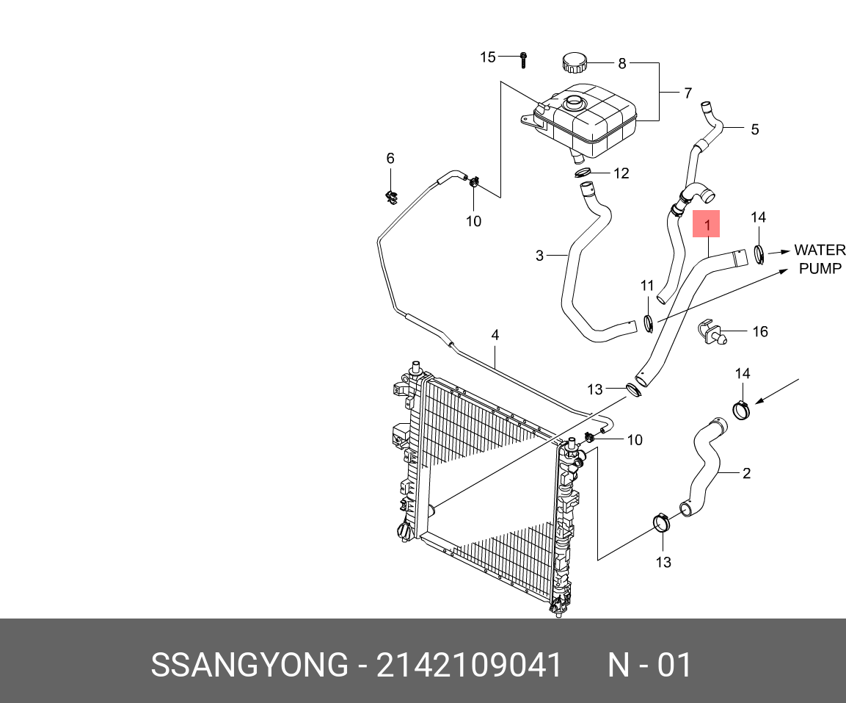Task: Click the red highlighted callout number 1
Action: [x=707, y=224]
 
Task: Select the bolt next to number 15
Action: [x=522, y=59]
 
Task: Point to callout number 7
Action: [x=688, y=93]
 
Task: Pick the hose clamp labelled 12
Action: [x=583, y=173]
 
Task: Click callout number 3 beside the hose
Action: [x=539, y=256]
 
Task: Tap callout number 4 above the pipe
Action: [x=495, y=335]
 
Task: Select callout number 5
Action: [x=754, y=130]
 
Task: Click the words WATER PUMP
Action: [x=820, y=259]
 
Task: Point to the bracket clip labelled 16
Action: [x=709, y=331]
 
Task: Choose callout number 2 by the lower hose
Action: [x=746, y=473]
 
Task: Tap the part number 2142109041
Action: [x=469, y=666]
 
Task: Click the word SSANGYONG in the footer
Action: [x=249, y=666]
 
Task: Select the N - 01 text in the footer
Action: [x=649, y=666]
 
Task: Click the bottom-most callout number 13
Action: [x=663, y=562]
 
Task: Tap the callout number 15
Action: [x=488, y=57]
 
